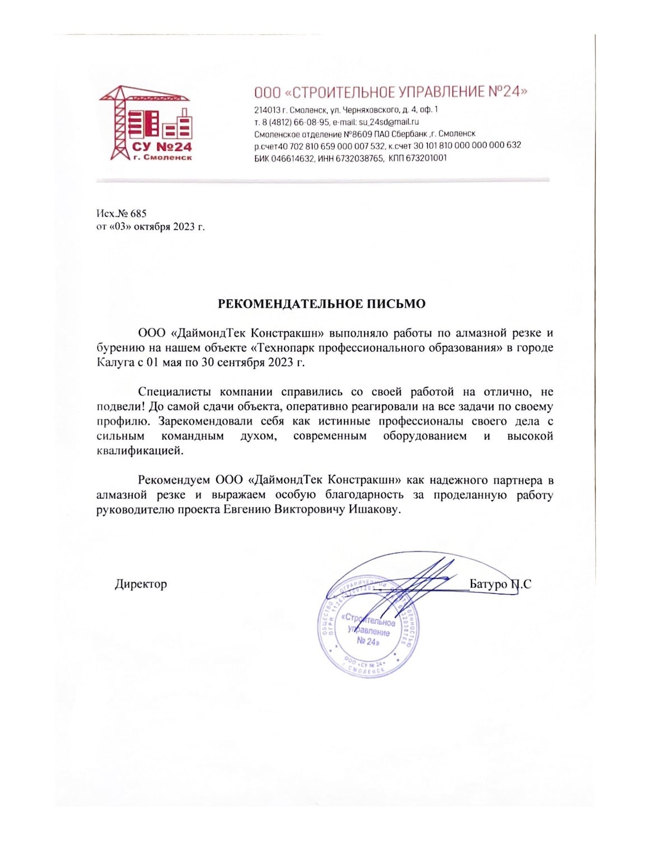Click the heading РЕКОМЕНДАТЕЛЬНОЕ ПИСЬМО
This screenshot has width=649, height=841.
tap(321, 304)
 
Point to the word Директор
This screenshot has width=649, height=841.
tap(141, 584)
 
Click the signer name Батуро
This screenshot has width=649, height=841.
tap(488, 584)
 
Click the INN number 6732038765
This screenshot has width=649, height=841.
tap(360, 159)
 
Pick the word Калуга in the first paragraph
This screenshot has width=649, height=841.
tap(115, 362)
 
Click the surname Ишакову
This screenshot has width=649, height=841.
tap(375, 510)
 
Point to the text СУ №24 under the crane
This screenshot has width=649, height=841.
tap(162, 147)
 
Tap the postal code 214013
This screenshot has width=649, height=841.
tap(267, 109)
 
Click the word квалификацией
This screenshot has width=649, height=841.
tap(139, 451)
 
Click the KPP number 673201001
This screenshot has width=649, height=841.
tap(426, 159)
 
